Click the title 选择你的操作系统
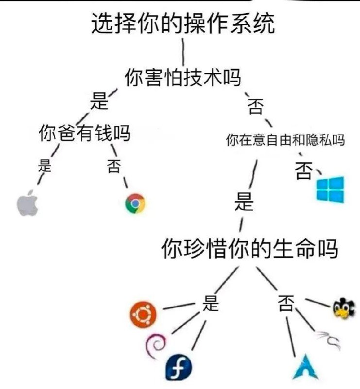pos(183,23)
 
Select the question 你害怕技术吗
pos(183,77)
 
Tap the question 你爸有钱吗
pos(85,133)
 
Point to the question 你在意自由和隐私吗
pos(285,140)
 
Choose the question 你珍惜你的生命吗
pos(250,248)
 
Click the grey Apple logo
pos(27,203)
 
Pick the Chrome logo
pos(135,203)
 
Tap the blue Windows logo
pos(330,189)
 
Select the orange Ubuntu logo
pos(143,315)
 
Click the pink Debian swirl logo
pos(155,346)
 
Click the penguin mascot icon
pos(344,308)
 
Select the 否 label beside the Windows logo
pos(304,171)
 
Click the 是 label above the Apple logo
pos(45,165)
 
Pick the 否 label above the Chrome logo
pos(114,166)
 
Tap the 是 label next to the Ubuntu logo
pos(210,303)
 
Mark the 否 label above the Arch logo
pos(286,303)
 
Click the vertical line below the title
pos(183,52)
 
